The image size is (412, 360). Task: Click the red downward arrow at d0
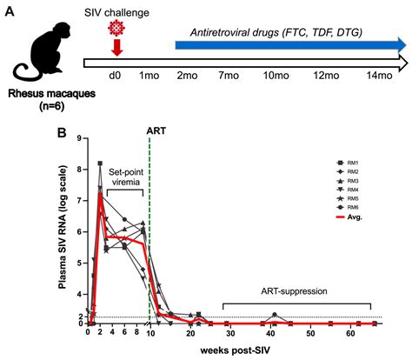pos(116,50)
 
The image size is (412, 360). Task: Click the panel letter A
pos(9,10)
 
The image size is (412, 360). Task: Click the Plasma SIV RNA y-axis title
pos(58,232)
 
